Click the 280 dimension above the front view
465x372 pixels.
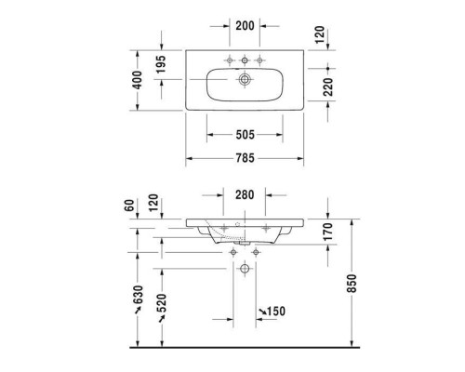click(x=246, y=193)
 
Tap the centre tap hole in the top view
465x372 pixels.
click(x=246, y=60)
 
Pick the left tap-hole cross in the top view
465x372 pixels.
click(x=227, y=60)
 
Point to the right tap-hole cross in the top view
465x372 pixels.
click(x=264, y=60)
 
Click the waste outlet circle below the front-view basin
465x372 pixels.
click(x=246, y=269)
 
